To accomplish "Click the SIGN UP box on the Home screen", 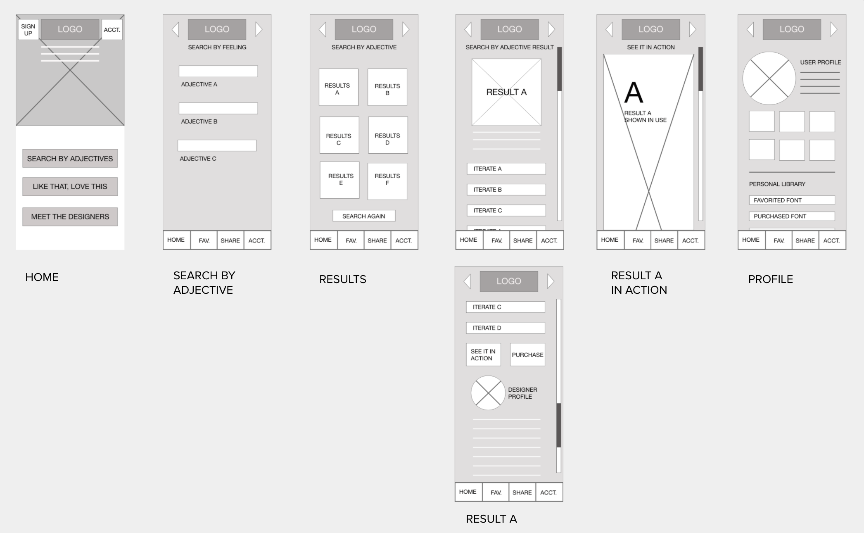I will pos(28,29).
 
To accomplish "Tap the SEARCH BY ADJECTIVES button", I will pos(70,158).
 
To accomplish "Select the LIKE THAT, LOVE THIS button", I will pos(70,186).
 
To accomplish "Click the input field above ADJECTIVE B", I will pos(218,108).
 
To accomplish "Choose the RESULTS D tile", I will pos(387,135).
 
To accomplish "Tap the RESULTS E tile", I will pos(340,180).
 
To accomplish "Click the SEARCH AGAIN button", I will pos(363,216).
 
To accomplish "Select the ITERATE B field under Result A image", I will pos(506,190).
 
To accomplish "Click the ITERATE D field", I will pos(505,328).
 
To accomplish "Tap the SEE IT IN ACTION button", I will pos(483,355).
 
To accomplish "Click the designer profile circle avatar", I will pos(488,393).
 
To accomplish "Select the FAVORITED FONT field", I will pos(791,200).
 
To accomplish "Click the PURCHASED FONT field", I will pos(791,216).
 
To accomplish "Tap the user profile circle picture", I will pos(769,78).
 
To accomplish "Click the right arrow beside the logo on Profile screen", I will pos(833,29).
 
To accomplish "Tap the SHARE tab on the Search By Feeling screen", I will pos(230,240).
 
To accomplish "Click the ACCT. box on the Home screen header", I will pos(112,30).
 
